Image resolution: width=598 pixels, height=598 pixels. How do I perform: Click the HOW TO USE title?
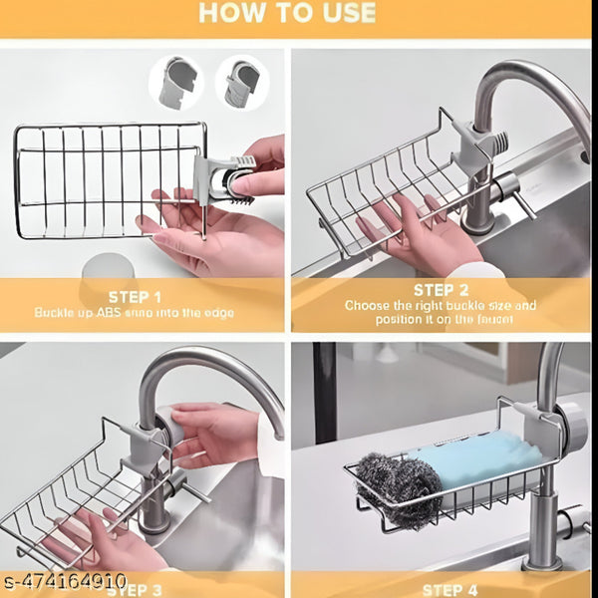(x=286, y=13)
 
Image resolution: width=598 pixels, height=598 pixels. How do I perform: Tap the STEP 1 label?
(x=135, y=296)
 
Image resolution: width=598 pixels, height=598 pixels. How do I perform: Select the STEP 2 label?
(x=441, y=290)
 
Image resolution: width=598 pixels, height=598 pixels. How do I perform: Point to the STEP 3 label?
(x=135, y=589)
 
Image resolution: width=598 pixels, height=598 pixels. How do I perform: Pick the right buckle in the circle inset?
(x=240, y=83)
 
